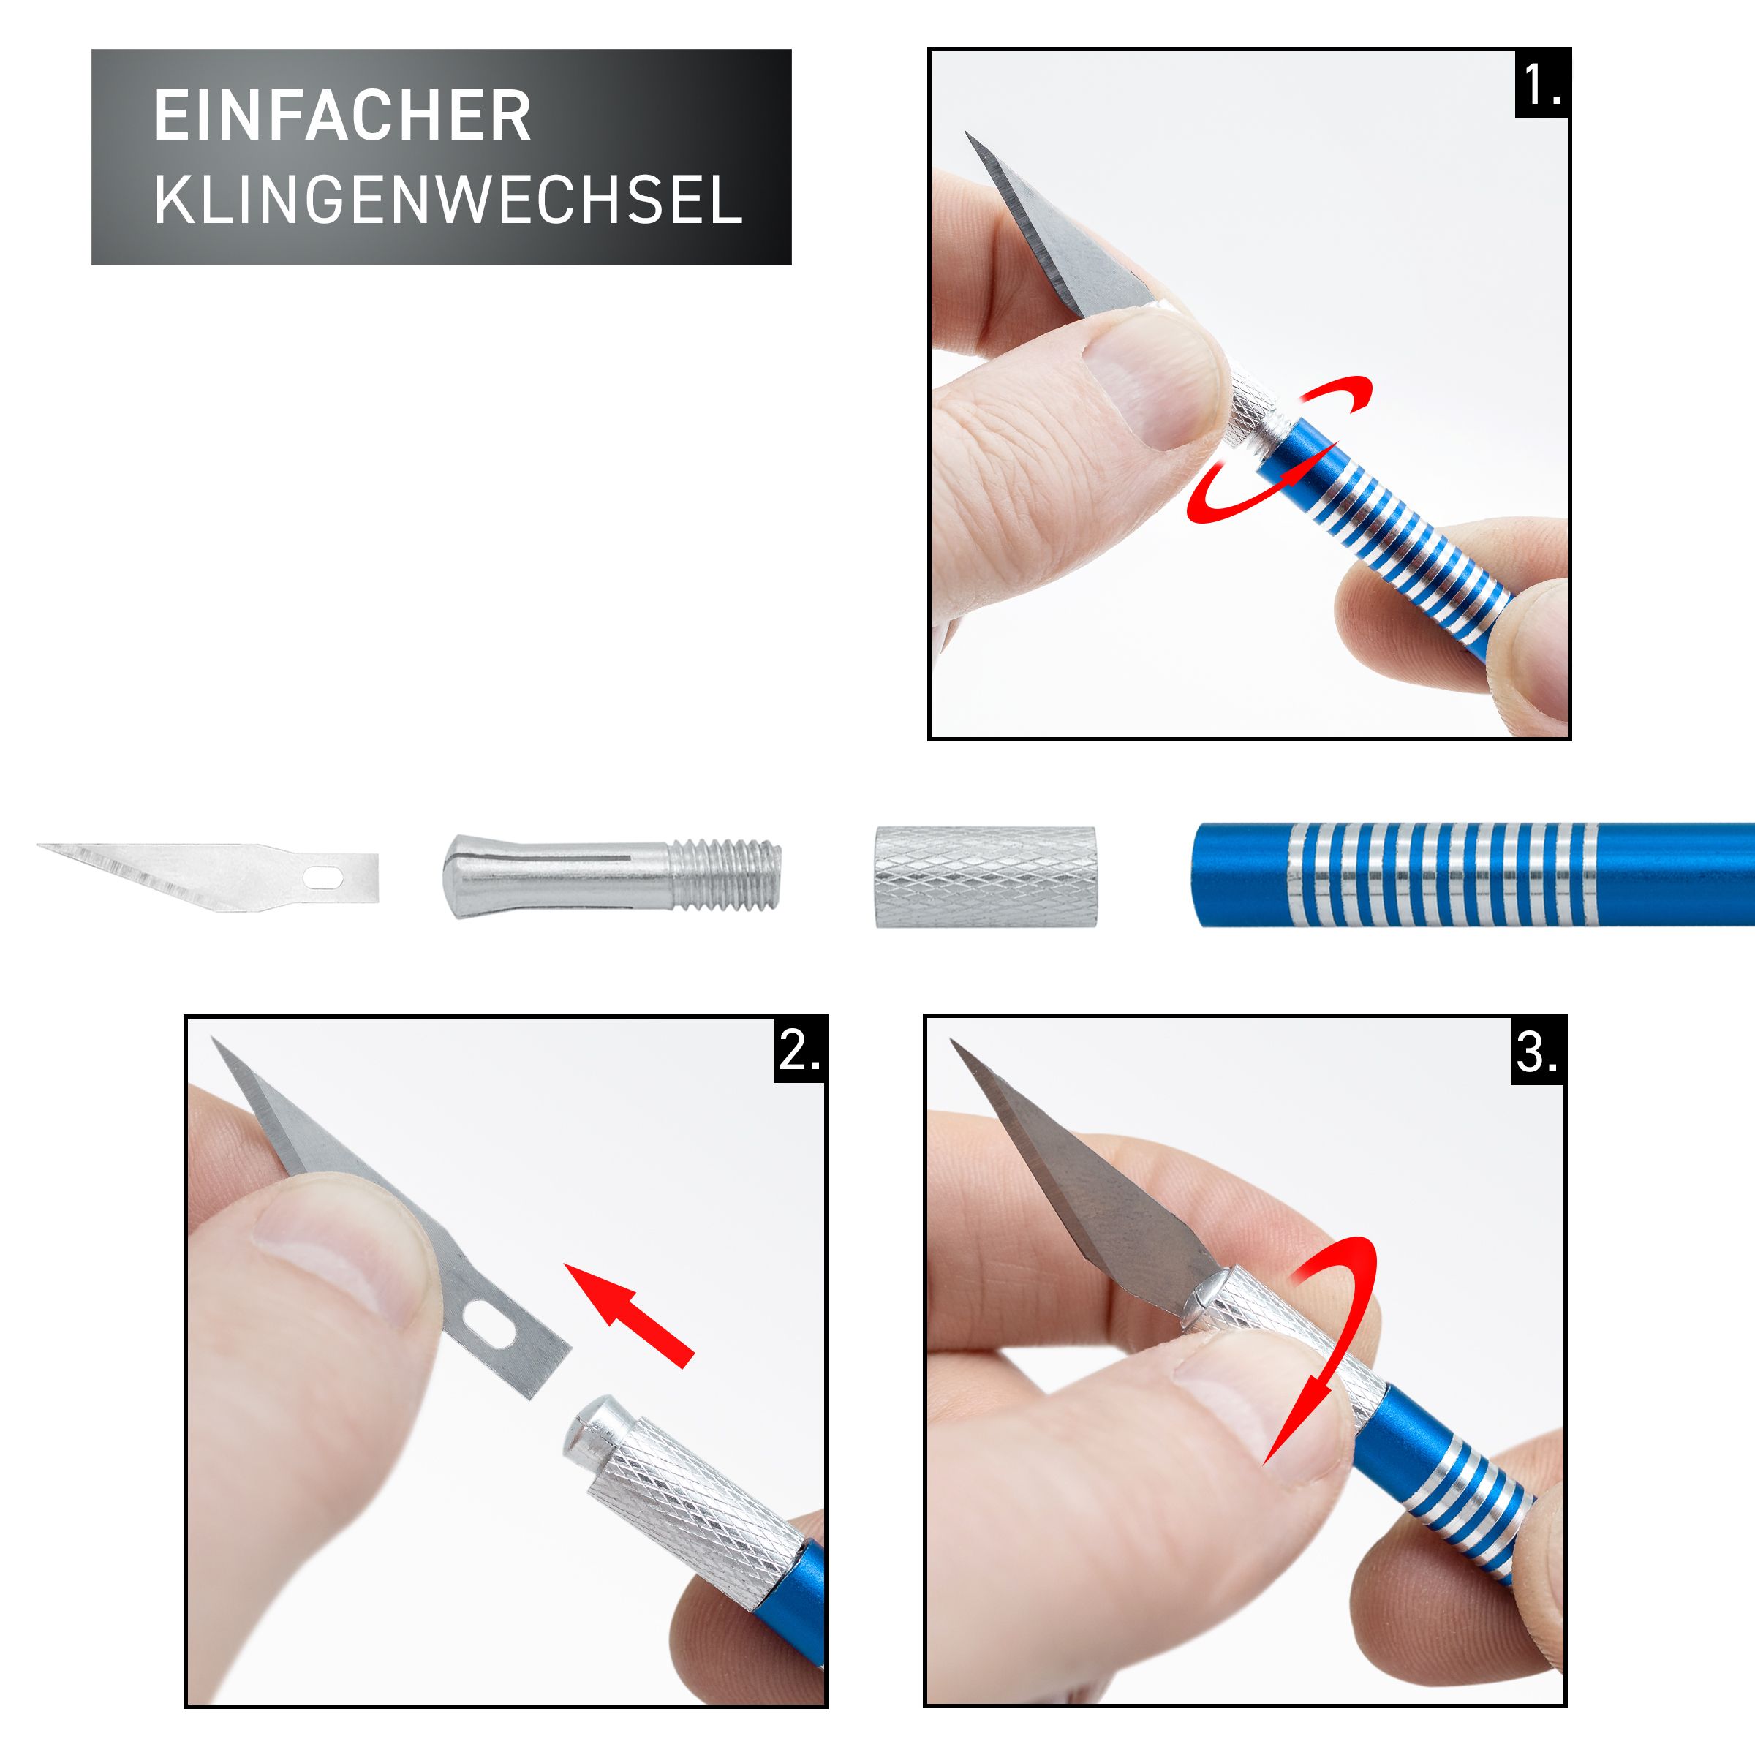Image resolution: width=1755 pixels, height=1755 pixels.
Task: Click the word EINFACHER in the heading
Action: click(x=341, y=116)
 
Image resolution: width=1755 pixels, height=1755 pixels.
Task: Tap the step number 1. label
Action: click(x=1542, y=86)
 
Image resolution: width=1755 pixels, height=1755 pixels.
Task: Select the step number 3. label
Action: click(x=1537, y=1053)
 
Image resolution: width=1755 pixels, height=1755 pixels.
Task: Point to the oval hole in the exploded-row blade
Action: click(x=322, y=877)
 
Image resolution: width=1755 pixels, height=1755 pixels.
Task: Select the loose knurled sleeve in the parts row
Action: click(x=985, y=877)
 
